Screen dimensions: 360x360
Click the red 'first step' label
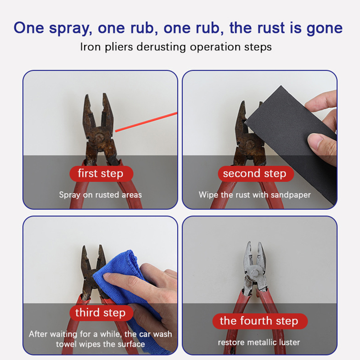[101, 174]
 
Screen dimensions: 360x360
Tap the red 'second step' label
[256, 174]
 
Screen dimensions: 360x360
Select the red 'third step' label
[101, 313]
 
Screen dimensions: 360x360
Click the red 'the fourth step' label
[260, 321]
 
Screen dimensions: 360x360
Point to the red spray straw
[146, 122]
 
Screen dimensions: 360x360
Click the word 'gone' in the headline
[325, 28]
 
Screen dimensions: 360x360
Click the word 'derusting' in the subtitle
[161, 47]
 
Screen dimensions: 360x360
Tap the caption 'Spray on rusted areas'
[101, 195]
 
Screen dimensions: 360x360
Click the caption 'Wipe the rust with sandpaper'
[255, 195]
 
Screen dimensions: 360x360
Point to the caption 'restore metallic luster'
[259, 342]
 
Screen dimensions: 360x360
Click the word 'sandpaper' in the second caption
[291, 195]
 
